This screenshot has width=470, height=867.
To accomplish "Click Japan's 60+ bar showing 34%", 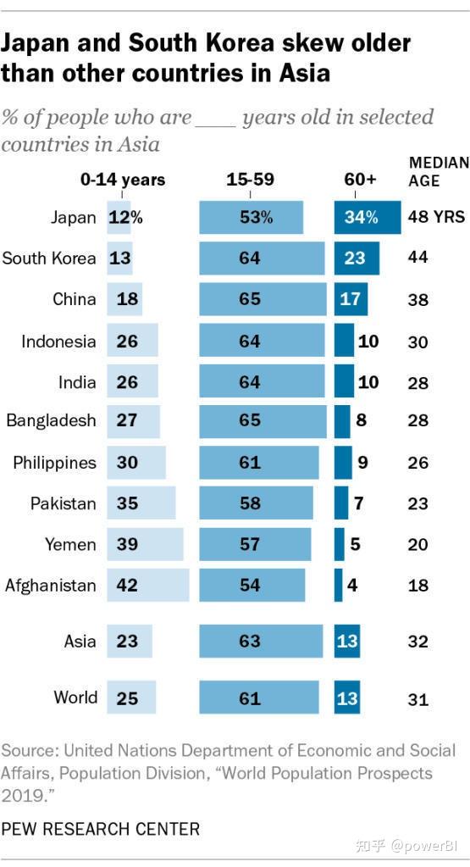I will coord(368,217).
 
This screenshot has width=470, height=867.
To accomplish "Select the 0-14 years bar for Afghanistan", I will coord(148,585).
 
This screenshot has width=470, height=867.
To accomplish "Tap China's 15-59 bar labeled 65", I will coord(263,299).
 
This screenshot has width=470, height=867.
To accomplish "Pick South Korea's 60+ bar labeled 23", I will coord(357,258).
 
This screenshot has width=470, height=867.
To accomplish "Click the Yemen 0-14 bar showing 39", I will coord(145,544).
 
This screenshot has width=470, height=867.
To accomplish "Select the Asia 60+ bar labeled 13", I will coord(346,642).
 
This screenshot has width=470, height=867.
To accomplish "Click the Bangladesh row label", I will coord(51,421).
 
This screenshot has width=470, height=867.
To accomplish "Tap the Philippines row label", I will coord(54,463).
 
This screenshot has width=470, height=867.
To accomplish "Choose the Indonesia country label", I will coord(58,342).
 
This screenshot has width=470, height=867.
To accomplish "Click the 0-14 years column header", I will coord(123,180).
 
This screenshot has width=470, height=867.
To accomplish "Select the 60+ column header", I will coord(360,180).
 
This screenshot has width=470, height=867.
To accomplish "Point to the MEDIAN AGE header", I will coord(438,171).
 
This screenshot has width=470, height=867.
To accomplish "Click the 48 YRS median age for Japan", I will coord(437,217).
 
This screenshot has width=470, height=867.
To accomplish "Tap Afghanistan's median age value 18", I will coord(417,585).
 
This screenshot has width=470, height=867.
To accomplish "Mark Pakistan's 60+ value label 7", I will coord(358,503).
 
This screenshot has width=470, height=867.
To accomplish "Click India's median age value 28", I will coord(417,382).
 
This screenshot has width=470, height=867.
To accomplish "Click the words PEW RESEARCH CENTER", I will coord(101,828).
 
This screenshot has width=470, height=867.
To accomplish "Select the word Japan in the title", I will coord(41,43).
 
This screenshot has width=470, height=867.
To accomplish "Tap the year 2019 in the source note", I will coord(23,794).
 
